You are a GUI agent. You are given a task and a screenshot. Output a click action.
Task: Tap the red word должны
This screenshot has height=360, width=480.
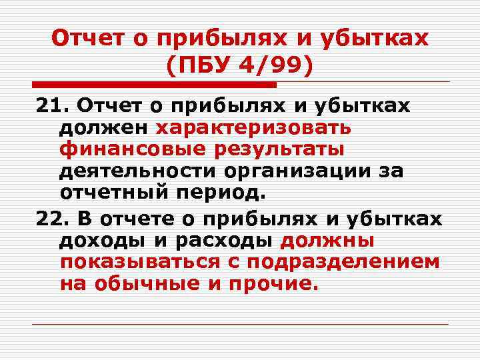pos(327,239)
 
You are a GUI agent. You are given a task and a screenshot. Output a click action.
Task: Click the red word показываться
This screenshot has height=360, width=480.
pos(141,261)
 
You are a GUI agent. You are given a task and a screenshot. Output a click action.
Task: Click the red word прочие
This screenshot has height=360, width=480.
pos(267,284)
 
